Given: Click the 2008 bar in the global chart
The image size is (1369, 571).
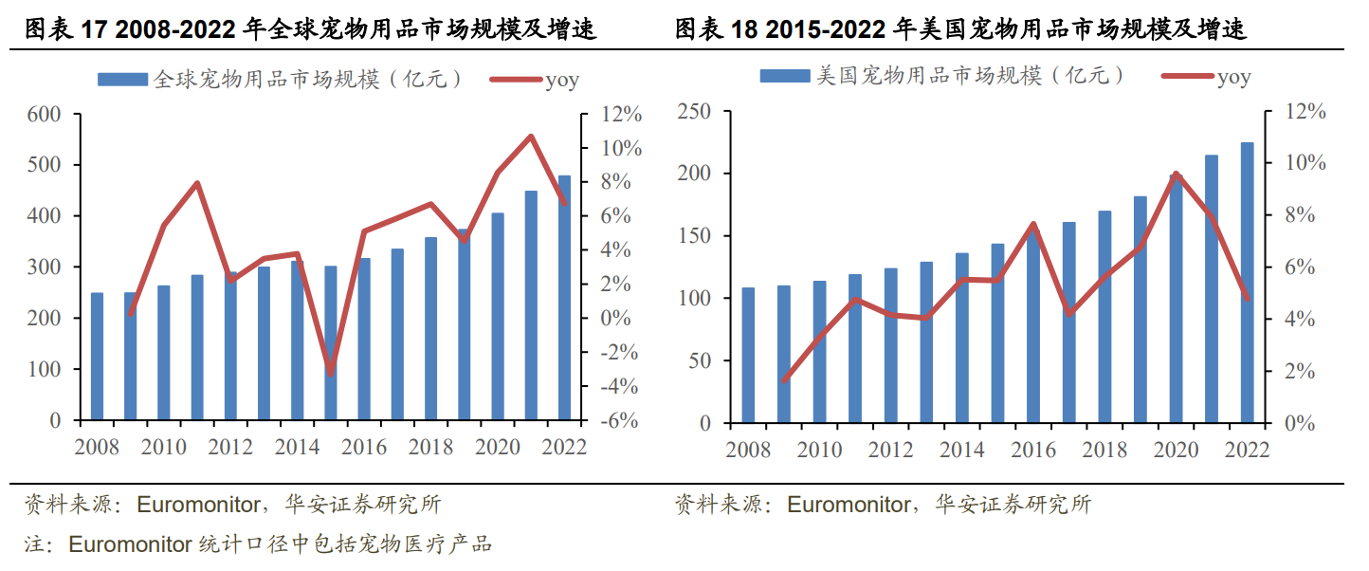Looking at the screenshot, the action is pos(97,357).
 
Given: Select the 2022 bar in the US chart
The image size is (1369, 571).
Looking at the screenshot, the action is pos(1247,283).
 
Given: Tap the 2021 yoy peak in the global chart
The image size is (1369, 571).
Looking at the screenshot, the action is pos(531,137).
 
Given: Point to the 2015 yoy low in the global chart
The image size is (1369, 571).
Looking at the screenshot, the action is pos(331,374).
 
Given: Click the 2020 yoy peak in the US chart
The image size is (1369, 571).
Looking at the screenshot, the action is pos(1176,175).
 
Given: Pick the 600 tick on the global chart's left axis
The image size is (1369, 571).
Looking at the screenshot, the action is pos(44,115).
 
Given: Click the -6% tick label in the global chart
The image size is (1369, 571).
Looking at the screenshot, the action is pos(619,420).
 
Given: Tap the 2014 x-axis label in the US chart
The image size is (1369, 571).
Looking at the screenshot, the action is pos(962,450).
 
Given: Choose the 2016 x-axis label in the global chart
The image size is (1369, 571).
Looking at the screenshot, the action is pos(364,448).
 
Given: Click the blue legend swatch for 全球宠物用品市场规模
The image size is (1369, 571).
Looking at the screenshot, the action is pos(123,80).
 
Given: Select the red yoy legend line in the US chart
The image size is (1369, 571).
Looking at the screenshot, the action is pos(1188,76).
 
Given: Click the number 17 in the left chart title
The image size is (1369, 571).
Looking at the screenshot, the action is pos(94,29).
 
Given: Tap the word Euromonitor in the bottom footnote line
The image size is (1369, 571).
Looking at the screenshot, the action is pos(130,544).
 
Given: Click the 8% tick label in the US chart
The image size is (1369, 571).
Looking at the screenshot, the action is pos(1300,214).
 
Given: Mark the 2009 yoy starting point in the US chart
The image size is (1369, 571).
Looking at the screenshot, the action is pos(784,380).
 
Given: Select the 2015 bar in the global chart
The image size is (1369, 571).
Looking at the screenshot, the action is pos(331,343).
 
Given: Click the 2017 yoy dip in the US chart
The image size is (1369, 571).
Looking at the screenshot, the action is pos(1068,314).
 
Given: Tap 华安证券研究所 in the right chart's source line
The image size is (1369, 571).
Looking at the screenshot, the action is pos(1013,505).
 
